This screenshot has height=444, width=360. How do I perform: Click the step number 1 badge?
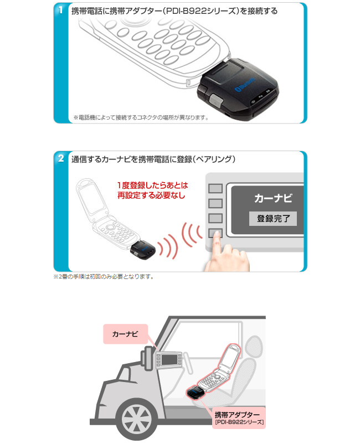(x=60, y=10)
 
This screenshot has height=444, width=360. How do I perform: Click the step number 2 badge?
(x=60, y=158)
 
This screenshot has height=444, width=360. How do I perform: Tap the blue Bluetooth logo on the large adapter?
(x=245, y=84)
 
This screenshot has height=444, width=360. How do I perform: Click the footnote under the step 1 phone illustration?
(x=141, y=117)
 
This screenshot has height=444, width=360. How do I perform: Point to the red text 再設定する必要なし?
(x=151, y=195)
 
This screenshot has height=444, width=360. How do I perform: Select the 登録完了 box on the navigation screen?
(x=272, y=218)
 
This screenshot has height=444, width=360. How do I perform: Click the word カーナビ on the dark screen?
(x=272, y=198)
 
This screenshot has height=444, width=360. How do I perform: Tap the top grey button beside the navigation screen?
(x=215, y=189)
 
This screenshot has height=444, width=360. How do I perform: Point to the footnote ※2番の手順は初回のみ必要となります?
(x=104, y=276)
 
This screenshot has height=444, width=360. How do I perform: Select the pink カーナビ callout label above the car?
(x=125, y=334)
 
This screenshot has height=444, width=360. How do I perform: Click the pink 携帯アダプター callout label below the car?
(x=239, y=418)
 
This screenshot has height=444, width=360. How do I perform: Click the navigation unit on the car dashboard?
(x=169, y=359)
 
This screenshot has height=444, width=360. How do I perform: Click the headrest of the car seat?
(x=254, y=347)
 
